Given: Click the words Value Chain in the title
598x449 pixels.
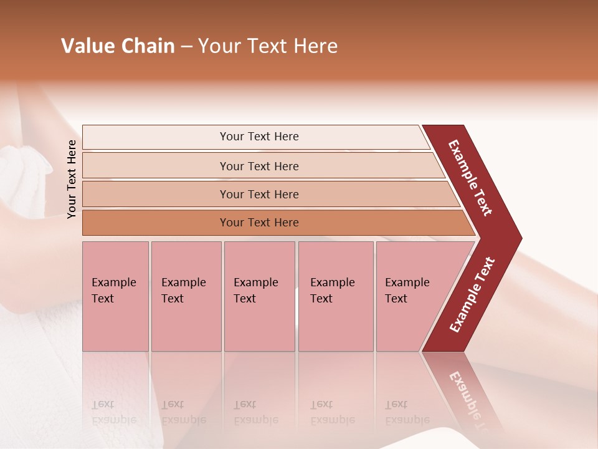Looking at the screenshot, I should click(x=118, y=46).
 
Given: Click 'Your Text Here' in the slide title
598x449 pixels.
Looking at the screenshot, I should click(x=268, y=46).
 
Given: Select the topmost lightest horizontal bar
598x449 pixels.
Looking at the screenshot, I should click(x=259, y=137).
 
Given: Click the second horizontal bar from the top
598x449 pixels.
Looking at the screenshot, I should click(x=259, y=166).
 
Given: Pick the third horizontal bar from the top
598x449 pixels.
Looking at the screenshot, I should click(x=259, y=194).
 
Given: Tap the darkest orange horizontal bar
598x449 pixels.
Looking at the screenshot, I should click(x=259, y=223).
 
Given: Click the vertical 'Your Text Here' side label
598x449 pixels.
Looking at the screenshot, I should click(x=72, y=180).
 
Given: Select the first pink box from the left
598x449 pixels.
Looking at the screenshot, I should click(x=115, y=296).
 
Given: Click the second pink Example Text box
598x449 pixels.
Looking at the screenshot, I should click(x=186, y=296).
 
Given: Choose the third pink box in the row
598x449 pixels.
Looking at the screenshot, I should click(x=259, y=296).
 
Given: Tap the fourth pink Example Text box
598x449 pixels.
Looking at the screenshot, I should click(x=335, y=296).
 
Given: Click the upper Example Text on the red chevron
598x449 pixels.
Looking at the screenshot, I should click(x=470, y=178).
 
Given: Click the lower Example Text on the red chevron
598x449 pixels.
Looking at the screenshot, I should click(x=472, y=295).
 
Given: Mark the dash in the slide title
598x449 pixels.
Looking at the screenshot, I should click(x=186, y=47).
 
